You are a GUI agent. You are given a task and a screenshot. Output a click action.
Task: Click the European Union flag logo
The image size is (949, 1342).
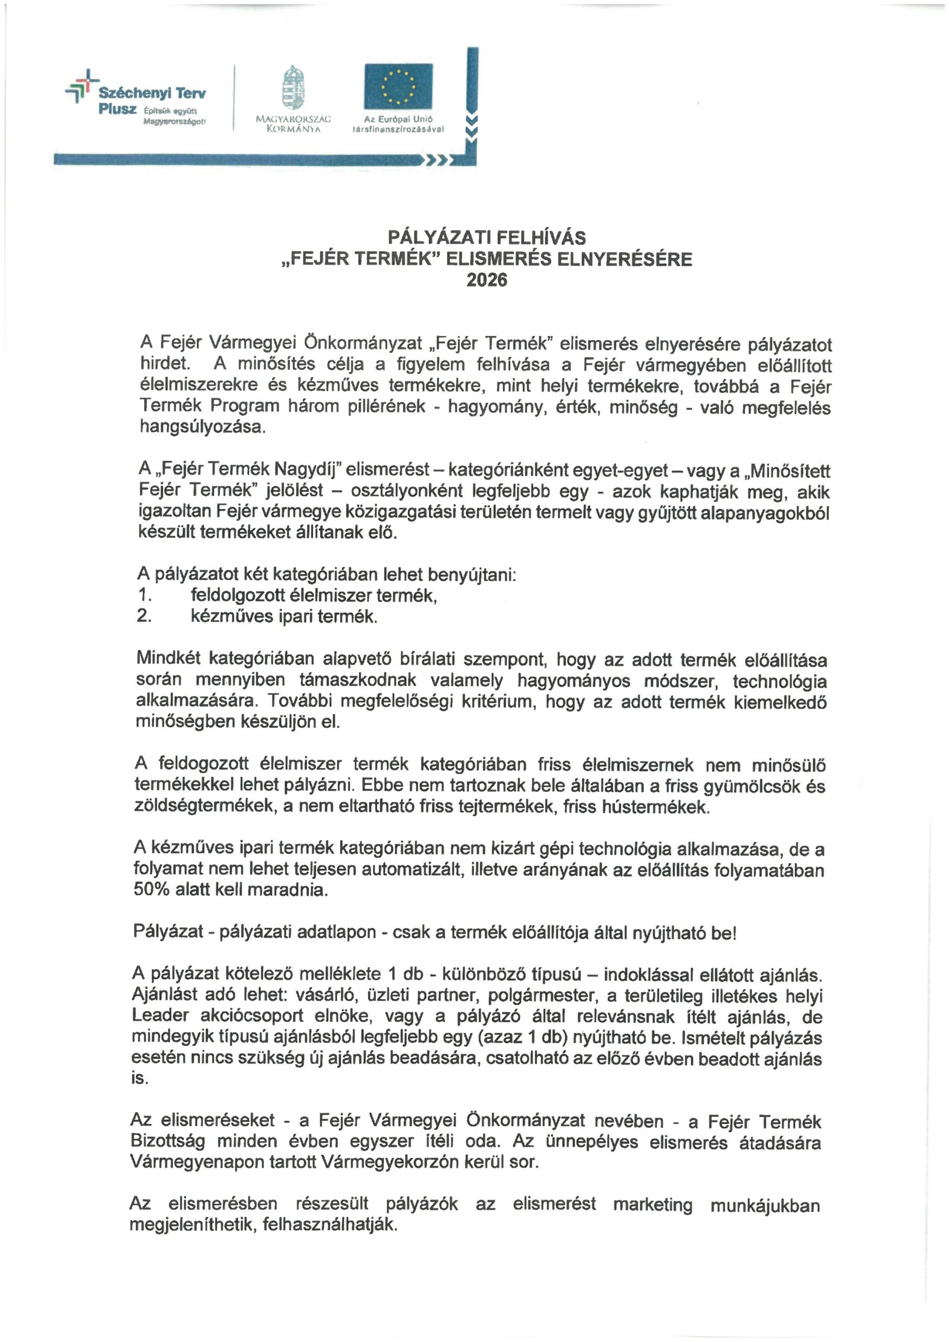click(x=398, y=86)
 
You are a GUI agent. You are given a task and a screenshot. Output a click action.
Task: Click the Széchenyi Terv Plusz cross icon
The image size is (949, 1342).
click(x=82, y=86)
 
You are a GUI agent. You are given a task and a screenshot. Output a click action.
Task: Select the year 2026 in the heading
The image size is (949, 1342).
click(x=487, y=280)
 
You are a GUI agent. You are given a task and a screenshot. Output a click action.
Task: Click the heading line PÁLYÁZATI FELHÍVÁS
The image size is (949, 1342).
click(x=487, y=237)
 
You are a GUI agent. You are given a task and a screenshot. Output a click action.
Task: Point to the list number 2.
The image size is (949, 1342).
click(x=144, y=616)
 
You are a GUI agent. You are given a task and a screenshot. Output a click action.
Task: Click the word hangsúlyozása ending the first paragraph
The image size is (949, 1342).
click(x=202, y=427)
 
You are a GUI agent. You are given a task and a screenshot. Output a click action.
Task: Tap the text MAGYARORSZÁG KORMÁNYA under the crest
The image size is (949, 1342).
click(x=294, y=124)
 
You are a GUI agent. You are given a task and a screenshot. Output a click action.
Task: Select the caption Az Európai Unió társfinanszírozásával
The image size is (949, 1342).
click(x=397, y=124)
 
